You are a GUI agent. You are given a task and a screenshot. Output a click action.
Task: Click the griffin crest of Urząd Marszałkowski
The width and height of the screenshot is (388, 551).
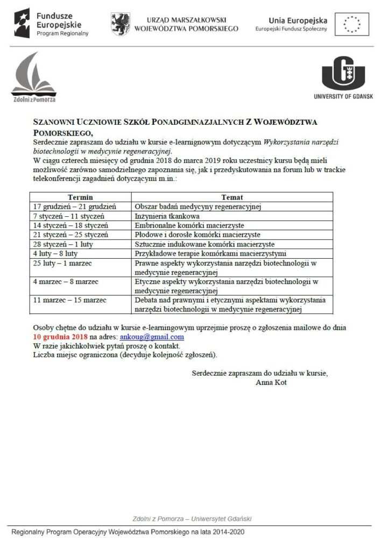pyautogui.click(x=121, y=24)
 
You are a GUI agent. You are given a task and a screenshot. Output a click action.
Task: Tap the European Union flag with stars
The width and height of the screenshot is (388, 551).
pyautogui.click(x=352, y=24)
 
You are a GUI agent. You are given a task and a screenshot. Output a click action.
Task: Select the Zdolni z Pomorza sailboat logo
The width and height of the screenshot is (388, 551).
pyautogui.click(x=33, y=75)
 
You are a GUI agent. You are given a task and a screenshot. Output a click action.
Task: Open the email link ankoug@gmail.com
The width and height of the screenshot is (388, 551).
pyautogui.click(x=152, y=337)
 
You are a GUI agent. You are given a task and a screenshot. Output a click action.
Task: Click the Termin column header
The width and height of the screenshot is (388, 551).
pyautogui.click(x=81, y=197)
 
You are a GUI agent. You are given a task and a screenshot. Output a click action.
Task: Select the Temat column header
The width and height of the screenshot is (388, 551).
pyautogui.click(x=232, y=197)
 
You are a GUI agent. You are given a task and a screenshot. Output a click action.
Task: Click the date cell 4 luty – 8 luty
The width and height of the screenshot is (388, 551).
pyautogui.click(x=55, y=253)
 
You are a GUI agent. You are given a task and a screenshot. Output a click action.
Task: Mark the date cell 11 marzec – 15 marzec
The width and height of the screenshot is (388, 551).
pyautogui.click(x=70, y=300)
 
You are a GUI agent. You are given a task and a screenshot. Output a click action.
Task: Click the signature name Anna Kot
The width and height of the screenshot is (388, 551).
pyautogui.click(x=272, y=383)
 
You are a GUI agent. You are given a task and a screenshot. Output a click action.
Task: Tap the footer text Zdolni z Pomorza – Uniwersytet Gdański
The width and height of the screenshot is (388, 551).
pyautogui.click(x=192, y=519)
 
